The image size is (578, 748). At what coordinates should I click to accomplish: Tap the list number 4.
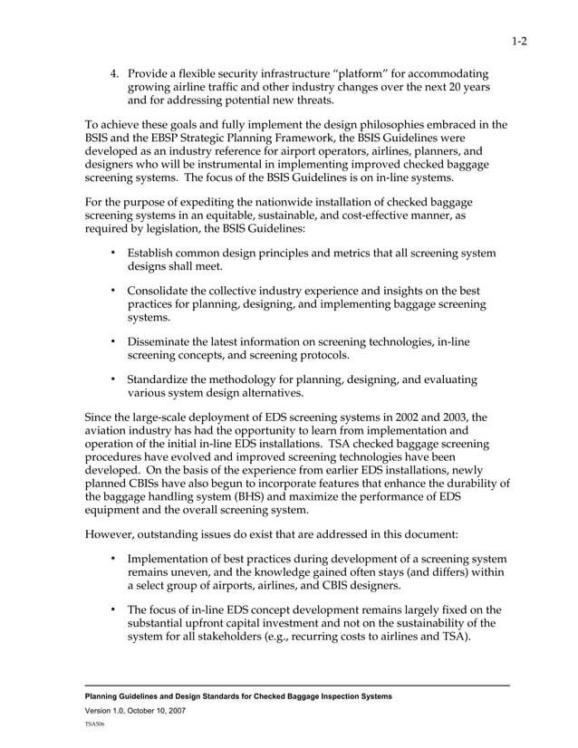pos(113,72)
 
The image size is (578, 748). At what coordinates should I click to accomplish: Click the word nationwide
pos(262,203)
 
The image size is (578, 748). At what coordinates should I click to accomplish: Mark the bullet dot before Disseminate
pos(112,342)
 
